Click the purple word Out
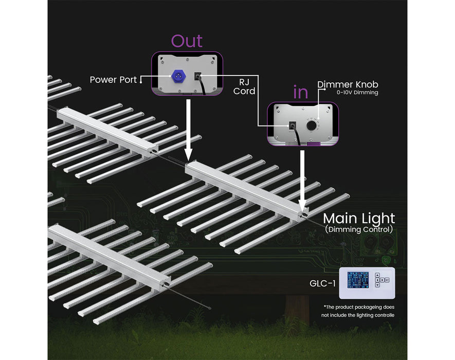pos(187,41)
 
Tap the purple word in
pos(300,93)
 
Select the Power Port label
pos(113,80)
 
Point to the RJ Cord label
pos(247,86)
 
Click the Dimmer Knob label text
pos(348,84)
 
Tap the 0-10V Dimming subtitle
pos(357,93)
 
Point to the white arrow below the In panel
pos(303,177)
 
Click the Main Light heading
pos(358,218)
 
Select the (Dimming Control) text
pos(358,229)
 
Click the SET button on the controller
pos(387,280)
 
